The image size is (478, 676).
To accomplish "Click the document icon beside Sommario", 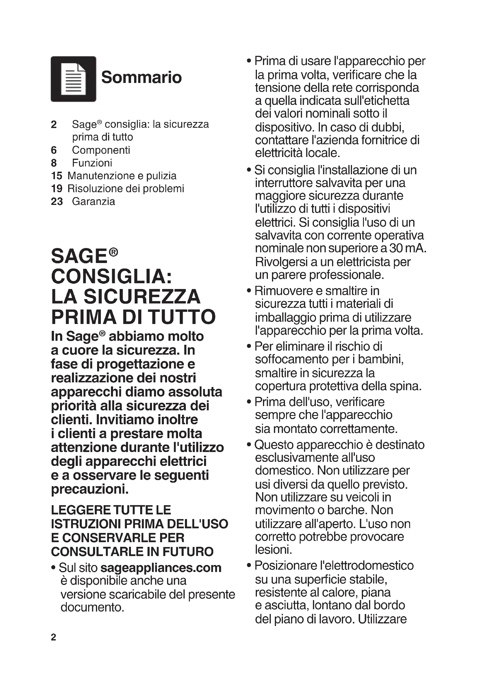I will coord(73,79).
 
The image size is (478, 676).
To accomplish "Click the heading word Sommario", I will coord(141,77).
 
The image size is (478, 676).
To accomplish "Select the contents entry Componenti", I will coord(101,150).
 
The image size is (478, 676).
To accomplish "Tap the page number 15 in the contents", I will coord(57,176).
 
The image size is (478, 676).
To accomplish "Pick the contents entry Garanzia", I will coord(94,201).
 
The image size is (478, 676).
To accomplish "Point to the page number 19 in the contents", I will coord(57,188).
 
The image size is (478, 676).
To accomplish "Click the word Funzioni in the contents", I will coord(92,163).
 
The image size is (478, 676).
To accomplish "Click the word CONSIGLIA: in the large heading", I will coord(112,276).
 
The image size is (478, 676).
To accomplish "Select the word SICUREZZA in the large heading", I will coord(142,297).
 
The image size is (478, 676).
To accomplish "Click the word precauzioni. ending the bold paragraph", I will coord(90,489).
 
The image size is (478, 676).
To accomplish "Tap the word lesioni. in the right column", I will coord(273,549).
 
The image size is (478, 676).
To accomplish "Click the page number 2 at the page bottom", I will coord(53,638).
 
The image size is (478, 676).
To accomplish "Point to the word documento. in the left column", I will coord(92,608).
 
